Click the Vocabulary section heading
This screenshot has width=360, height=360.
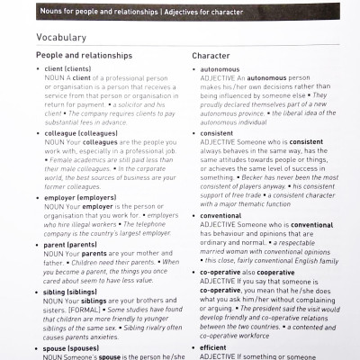pyautogui.click(x=61, y=38)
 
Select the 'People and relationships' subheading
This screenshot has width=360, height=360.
pyautogui.click(x=85, y=55)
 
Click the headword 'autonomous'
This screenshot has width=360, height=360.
pyautogui.click(x=220, y=68)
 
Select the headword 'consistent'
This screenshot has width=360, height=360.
pyautogui.click(x=217, y=133)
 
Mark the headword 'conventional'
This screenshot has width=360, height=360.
pyautogui.click(x=220, y=216)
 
